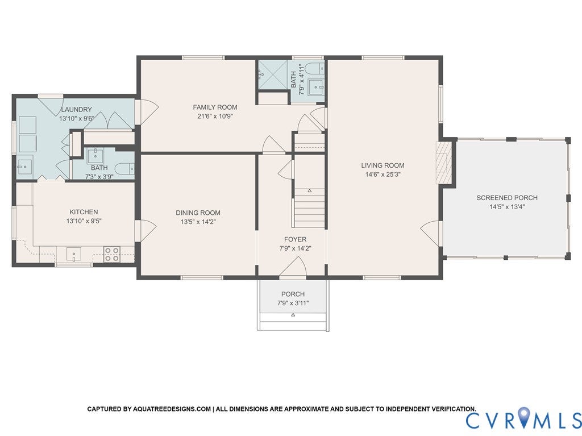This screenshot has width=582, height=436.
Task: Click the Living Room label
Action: [383, 165]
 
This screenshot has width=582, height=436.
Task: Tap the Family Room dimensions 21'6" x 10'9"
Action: [215, 116]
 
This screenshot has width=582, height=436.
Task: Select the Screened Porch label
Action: [506, 198]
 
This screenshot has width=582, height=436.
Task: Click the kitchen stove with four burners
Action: [112, 254]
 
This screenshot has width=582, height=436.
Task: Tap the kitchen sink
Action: [74, 254]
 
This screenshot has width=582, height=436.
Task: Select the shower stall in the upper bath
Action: [272, 74]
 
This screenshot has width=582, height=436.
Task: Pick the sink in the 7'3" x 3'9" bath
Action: [94, 155]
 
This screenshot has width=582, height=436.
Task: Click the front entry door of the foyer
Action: [293, 268]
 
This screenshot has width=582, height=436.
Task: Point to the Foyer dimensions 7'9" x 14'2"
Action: [295, 248]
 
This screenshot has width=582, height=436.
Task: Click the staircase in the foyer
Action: [310, 207]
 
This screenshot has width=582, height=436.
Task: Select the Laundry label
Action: [76, 110]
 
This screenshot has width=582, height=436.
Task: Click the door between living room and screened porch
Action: [432, 234]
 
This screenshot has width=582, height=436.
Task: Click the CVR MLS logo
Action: [523, 420]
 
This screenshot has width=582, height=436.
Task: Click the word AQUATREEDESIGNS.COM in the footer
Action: [172, 409]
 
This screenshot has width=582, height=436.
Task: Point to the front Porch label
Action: [293, 294]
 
